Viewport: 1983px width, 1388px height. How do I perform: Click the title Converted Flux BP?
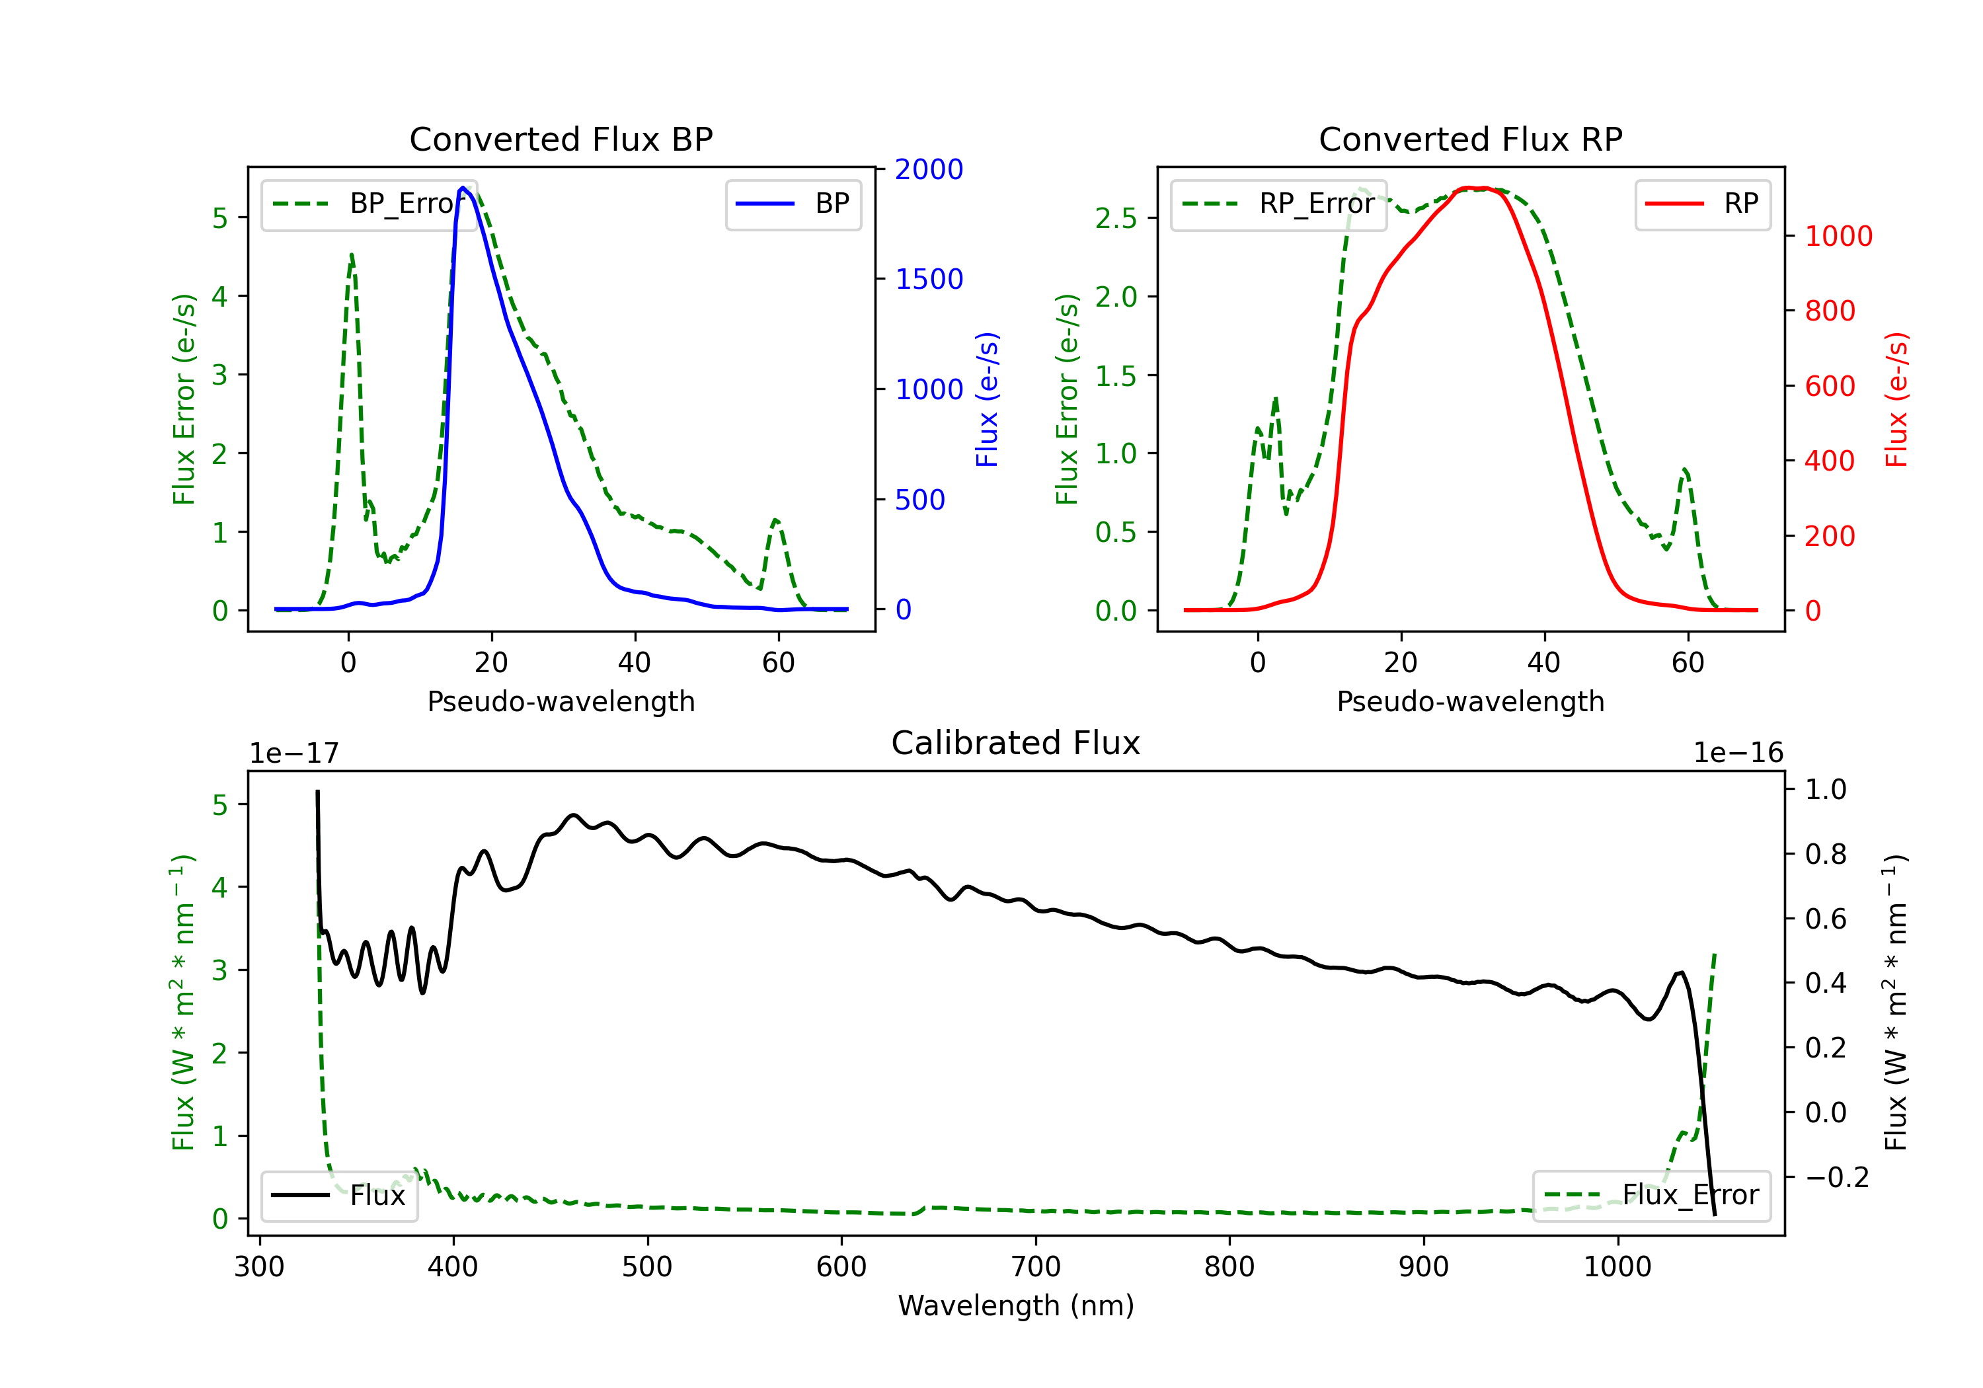(x=561, y=139)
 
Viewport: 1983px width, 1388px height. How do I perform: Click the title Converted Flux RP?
(x=1470, y=139)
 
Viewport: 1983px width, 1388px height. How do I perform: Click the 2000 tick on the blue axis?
(x=929, y=169)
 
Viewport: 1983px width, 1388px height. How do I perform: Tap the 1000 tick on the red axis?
(x=1838, y=236)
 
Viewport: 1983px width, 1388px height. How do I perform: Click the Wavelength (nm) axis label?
(x=1016, y=1305)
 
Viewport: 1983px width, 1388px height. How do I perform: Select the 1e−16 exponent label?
(x=1738, y=753)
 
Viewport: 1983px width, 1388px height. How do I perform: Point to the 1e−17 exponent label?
(x=293, y=753)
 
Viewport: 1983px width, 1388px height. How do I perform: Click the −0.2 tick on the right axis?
(x=1836, y=1177)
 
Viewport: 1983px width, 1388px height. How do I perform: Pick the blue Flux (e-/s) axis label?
(x=986, y=399)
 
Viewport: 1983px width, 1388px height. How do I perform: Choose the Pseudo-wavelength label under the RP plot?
(x=1470, y=701)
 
